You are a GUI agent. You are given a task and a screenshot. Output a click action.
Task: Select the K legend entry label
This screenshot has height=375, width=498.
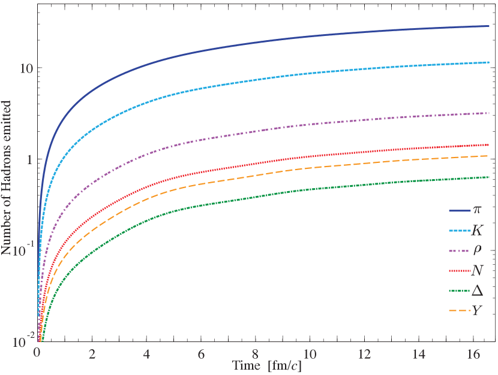click(478, 230)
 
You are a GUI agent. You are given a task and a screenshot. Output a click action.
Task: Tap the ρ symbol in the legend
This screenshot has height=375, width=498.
click(478, 250)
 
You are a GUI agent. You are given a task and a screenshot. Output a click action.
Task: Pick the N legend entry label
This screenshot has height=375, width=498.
click(478, 270)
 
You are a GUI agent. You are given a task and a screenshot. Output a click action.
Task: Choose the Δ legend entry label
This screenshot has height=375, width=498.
click(478, 290)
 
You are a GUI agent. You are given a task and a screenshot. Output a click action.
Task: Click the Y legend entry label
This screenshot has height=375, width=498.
click(478, 310)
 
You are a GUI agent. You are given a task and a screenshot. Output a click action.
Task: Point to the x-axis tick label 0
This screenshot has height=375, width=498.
click(37, 352)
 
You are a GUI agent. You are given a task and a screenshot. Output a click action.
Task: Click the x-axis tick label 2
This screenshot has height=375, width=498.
click(91, 352)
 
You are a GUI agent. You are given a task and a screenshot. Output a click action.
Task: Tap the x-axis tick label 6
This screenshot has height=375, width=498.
click(200, 352)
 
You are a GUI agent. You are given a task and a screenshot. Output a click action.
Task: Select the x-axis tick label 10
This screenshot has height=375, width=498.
click(310, 352)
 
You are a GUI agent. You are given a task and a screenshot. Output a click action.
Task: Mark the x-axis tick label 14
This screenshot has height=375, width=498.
click(419, 352)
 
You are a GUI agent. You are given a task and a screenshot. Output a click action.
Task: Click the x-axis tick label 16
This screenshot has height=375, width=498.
click(473, 352)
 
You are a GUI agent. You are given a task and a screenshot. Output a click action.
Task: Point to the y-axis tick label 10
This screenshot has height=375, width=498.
click(25, 68)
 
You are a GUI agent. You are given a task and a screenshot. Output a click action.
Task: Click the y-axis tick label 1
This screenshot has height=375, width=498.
click(28, 159)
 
